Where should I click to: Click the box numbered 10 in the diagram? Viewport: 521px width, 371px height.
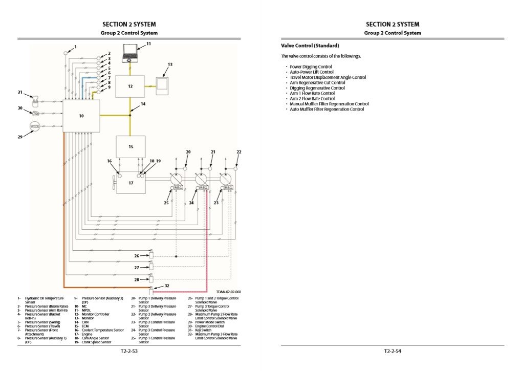click(81, 116)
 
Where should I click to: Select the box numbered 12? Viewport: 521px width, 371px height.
click(130, 86)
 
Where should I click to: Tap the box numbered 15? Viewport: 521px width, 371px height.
click(131, 147)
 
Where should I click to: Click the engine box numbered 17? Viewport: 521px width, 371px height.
click(131, 183)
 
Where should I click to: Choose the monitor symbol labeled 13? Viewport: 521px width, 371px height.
click(162, 84)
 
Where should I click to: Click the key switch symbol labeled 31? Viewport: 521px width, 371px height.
click(35, 99)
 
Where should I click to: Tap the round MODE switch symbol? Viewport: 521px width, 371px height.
click(35, 126)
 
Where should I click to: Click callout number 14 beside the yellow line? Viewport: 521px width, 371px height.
click(143, 104)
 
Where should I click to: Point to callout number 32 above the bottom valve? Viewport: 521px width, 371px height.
click(167, 286)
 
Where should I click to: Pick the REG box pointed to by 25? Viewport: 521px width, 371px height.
click(178, 188)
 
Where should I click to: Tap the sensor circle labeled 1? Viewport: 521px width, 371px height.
click(66, 53)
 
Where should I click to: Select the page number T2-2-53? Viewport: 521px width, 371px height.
click(129, 352)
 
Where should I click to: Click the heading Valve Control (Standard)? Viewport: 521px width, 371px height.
click(310, 46)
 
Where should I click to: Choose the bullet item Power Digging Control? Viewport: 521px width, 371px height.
click(311, 67)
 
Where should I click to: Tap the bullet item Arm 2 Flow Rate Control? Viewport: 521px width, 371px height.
click(312, 99)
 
